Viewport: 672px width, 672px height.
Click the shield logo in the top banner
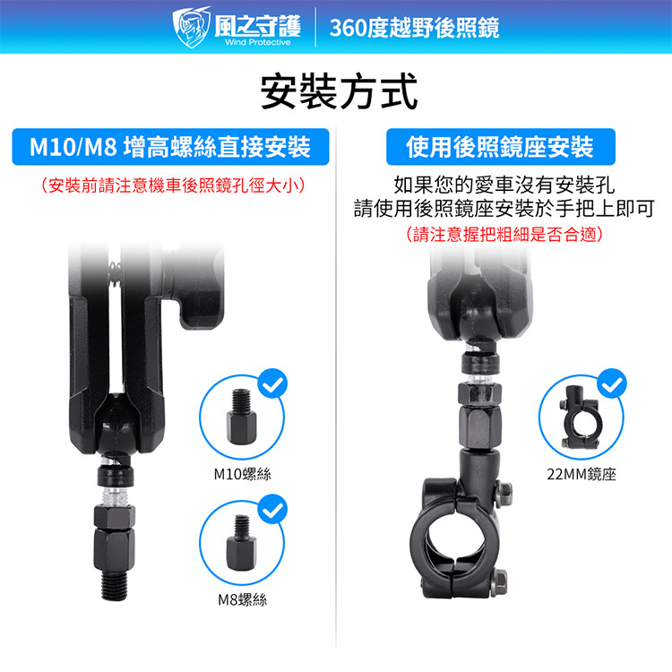191,27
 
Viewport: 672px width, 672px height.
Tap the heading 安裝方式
339,91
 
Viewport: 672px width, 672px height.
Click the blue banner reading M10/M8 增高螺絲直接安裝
170,147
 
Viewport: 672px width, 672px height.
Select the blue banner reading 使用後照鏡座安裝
501,147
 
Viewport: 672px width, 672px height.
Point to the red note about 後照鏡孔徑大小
173,186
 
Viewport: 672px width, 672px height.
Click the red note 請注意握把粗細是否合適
504,234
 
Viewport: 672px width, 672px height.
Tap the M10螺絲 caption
243,474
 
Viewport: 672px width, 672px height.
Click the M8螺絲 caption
243,599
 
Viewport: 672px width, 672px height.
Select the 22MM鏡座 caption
582,474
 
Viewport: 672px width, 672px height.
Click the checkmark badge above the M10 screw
272,383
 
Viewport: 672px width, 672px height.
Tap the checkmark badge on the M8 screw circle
272,509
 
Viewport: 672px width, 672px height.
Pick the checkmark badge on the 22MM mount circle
612,383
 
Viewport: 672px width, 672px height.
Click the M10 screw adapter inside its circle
241,416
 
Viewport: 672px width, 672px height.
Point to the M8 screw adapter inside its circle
241,543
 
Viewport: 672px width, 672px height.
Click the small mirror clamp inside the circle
579,417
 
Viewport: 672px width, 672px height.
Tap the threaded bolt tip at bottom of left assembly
115,586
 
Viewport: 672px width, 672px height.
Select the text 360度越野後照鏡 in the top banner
415,28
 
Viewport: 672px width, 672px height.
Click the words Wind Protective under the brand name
257,42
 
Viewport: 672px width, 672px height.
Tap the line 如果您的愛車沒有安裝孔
504,185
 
